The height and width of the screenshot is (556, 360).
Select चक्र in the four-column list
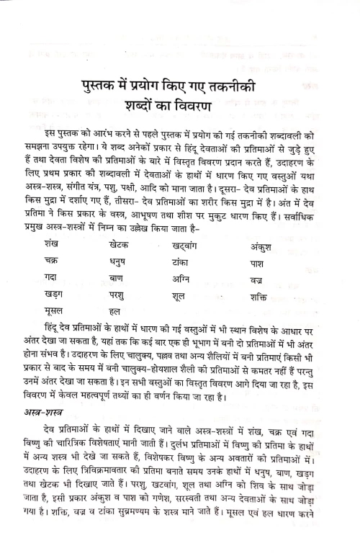coord(52,261)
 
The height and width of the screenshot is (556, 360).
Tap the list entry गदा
coord(51,278)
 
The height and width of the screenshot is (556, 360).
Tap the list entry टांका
coord(203,261)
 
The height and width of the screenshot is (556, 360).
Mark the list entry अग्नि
coord(204,278)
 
